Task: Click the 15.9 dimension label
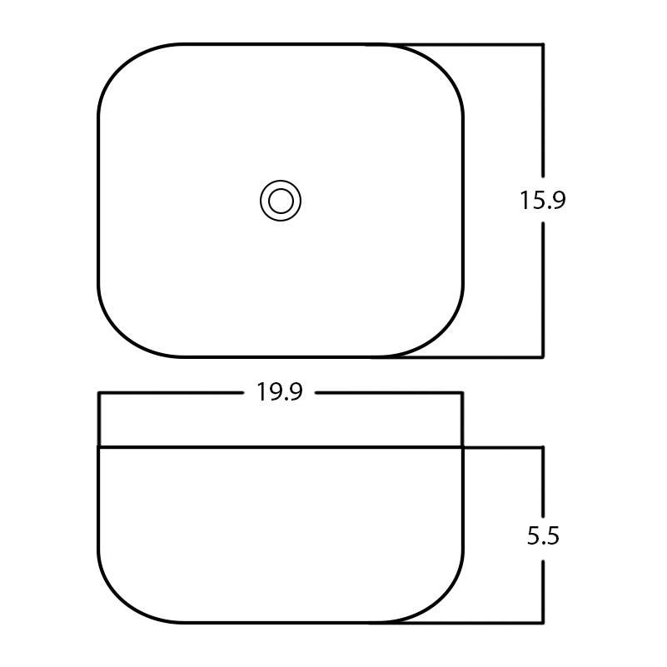point(543,201)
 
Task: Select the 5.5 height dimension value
point(543,536)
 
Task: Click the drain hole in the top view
point(281,202)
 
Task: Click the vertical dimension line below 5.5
point(544,591)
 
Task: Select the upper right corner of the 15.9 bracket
point(544,44)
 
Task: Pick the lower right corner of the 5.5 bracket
point(544,622)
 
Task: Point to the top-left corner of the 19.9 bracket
point(99,392)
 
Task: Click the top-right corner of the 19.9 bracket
point(462,392)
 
